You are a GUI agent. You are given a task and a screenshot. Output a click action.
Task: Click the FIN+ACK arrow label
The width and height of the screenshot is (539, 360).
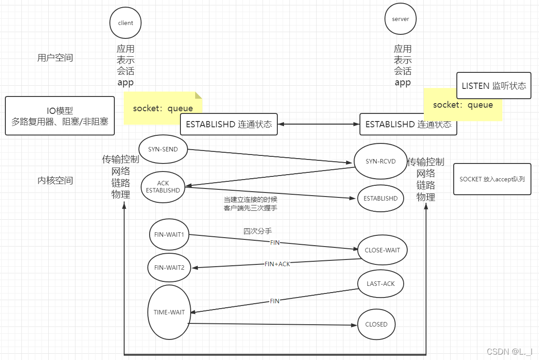click(277, 264)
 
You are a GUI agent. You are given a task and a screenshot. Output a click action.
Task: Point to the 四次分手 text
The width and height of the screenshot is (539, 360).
click(258, 231)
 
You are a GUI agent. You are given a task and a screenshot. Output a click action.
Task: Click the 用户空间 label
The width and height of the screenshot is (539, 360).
click(55, 58)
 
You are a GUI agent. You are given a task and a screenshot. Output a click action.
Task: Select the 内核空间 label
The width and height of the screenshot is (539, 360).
click(55, 180)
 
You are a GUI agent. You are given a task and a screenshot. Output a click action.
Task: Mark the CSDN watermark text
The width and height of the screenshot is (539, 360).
click(510, 352)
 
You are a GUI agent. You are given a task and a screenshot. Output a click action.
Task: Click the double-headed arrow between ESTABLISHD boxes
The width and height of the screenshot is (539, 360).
click(318, 124)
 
